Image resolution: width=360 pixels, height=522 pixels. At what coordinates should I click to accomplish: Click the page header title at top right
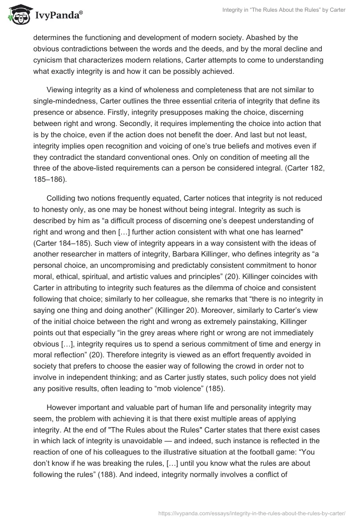point(284,10)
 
